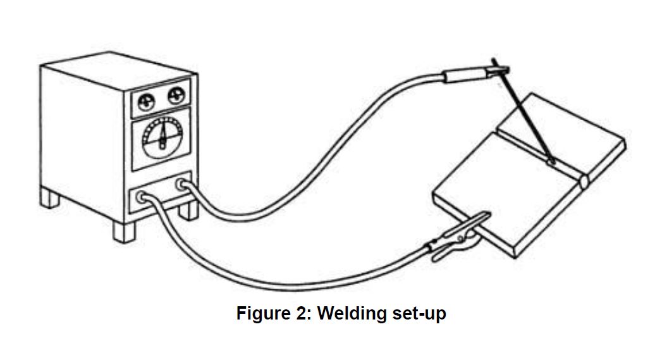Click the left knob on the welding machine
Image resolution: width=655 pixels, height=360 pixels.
click(x=146, y=99)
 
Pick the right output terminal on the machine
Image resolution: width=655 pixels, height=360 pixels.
click(x=183, y=185)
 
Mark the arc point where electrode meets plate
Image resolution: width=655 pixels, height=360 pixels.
click(x=552, y=162)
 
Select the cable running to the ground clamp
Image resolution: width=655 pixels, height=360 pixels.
click(x=285, y=278)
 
